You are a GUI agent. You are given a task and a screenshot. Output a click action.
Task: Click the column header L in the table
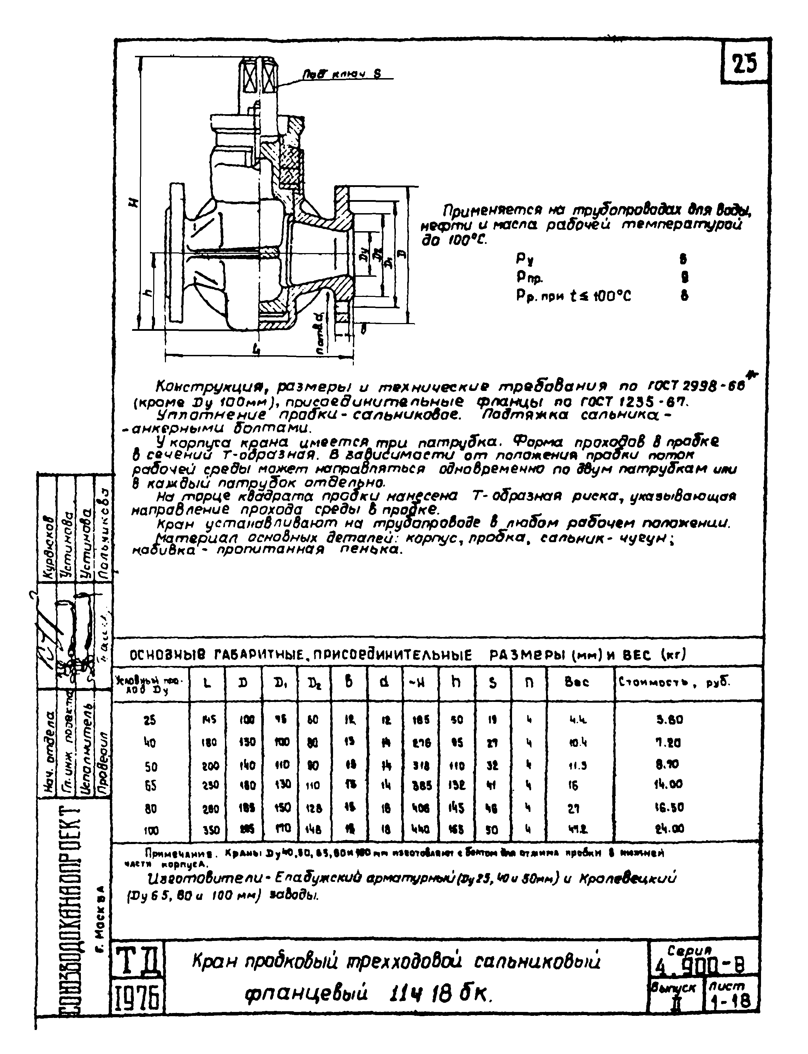[207, 683]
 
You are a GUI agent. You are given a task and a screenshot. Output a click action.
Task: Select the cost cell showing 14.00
[669, 784]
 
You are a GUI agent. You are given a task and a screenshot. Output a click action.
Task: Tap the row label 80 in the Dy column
[150, 808]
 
